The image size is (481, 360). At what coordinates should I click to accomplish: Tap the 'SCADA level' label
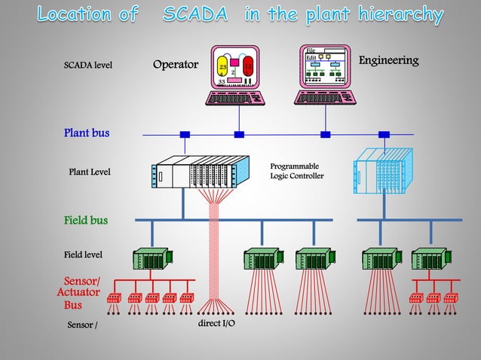coord(87,66)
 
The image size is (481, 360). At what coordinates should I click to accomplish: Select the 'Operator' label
coord(175,65)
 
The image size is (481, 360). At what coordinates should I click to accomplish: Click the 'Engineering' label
coord(388,60)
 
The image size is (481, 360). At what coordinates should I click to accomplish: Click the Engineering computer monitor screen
coord(325,66)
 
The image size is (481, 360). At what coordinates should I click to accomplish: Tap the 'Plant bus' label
coord(86,133)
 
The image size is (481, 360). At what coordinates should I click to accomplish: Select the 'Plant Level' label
coord(90,172)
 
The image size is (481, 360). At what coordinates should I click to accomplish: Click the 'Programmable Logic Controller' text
coord(297,171)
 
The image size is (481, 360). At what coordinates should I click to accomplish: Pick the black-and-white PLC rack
coord(201,172)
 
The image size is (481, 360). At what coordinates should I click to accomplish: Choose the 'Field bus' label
coord(85,221)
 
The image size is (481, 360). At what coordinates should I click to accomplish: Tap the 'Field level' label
coord(83,255)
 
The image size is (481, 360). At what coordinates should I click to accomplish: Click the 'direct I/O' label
coord(216,323)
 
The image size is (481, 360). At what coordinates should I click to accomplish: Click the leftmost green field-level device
coord(152,258)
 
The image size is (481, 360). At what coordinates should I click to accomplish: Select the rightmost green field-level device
coord(429,258)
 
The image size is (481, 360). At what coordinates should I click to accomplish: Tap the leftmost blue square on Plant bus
coord(185,135)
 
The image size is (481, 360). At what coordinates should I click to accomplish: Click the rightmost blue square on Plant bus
coord(384,135)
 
